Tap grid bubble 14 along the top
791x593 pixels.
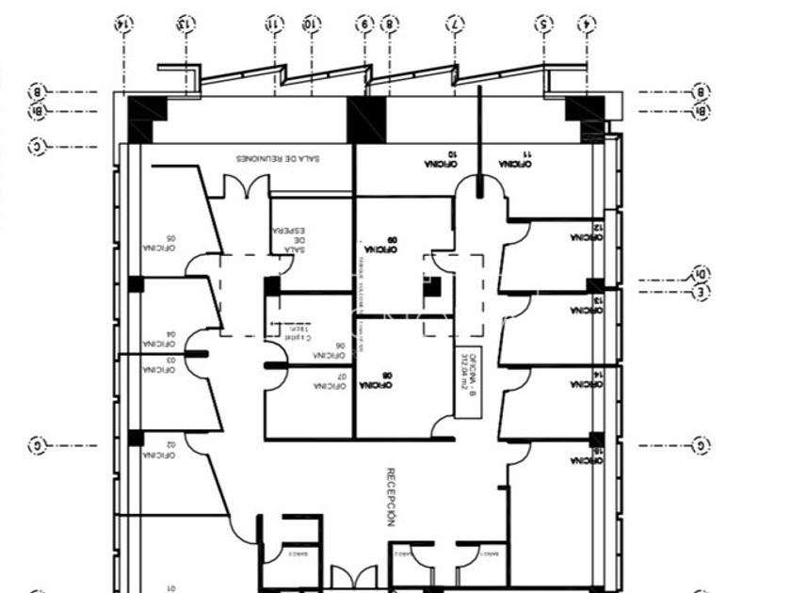point(121,23)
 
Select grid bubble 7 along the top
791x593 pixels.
point(456,23)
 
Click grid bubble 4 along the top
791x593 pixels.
point(587,23)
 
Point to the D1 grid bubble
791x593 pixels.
point(702,274)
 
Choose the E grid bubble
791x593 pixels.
point(702,294)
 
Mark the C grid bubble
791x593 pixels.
point(37,147)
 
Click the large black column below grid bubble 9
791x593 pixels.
point(366,120)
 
